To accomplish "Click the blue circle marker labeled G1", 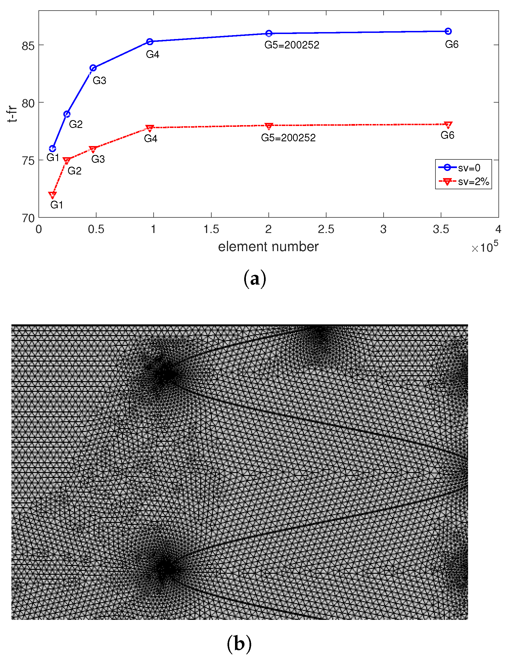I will coord(53,149).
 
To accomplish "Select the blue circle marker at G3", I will coord(93,68).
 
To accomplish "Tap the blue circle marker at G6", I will coord(448,31).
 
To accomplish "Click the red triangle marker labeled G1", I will coord(53,195).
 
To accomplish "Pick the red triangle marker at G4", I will coord(150,128).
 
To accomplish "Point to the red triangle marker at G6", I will coord(448,125).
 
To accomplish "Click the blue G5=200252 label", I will coord(292,45).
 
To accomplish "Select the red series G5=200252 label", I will coord(288,138).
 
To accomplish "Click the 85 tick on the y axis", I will coord(28,46).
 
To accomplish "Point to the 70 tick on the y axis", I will coord(28,218).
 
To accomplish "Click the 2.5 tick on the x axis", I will coord(326,230).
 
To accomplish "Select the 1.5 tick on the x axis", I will coord(211,230).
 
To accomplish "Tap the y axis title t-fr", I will coord(12,114).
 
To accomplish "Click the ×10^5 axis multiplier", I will coord(485,247).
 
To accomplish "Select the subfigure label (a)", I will coord(255,279).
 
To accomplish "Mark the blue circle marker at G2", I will coord(67,114).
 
